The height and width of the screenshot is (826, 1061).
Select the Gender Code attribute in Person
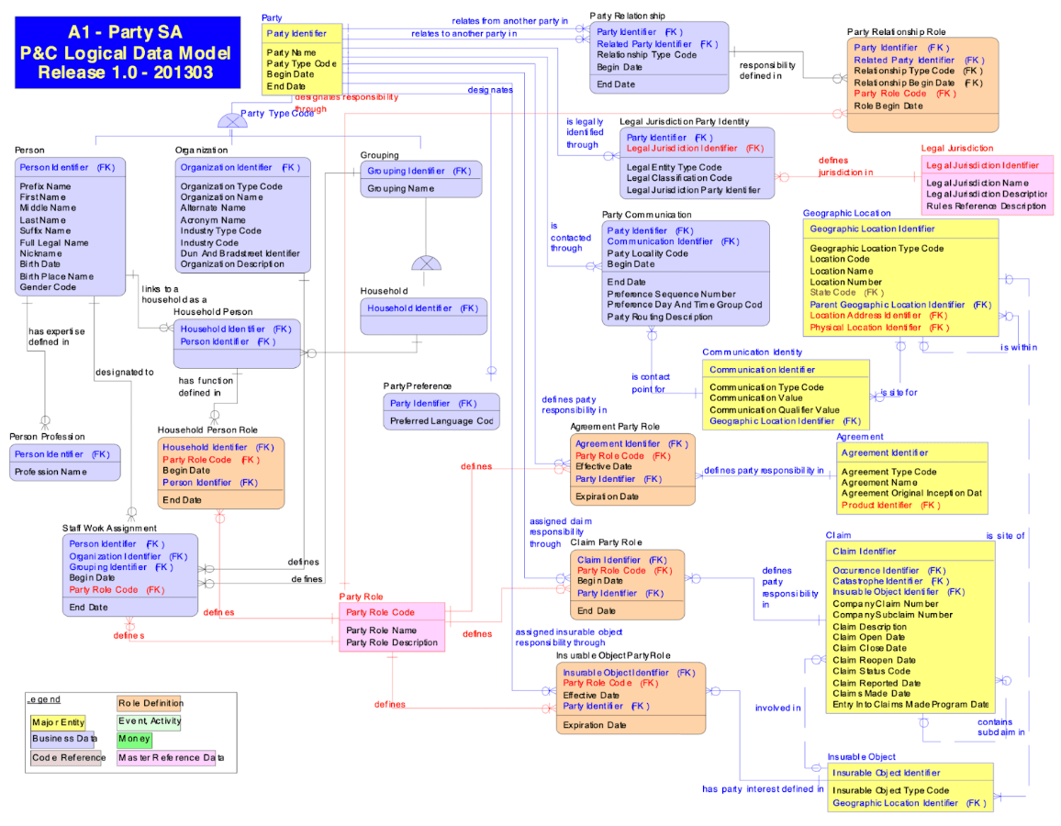click(49, 287)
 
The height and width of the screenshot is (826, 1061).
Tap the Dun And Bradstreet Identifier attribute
click(240, 253)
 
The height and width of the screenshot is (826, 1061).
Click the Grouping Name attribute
click(401, 189)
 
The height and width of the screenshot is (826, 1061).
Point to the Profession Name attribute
click(50, 472)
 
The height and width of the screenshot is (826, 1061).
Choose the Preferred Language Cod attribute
click(441, 421)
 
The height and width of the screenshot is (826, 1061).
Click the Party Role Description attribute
click(392, 642)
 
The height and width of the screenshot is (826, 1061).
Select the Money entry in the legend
click(134, 740)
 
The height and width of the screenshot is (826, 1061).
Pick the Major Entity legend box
click(58, 722)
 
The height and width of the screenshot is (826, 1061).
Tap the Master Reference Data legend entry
click(171, 758)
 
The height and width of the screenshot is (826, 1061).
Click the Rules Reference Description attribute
click(986, 206)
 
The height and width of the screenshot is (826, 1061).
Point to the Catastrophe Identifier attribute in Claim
click(890, 581)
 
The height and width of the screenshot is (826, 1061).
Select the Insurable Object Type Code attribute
click(890, 790)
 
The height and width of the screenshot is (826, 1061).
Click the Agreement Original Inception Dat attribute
click(911, 493)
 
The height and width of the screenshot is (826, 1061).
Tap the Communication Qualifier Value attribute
click(774, 410)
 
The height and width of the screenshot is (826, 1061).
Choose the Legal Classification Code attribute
click(679, 178)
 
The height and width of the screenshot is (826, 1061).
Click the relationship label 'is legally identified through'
click(585, 133)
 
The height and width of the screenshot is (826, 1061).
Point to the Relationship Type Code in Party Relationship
click(646, 55)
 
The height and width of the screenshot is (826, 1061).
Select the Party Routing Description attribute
click(659, 317)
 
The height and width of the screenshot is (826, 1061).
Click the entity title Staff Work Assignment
click(109, 528)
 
